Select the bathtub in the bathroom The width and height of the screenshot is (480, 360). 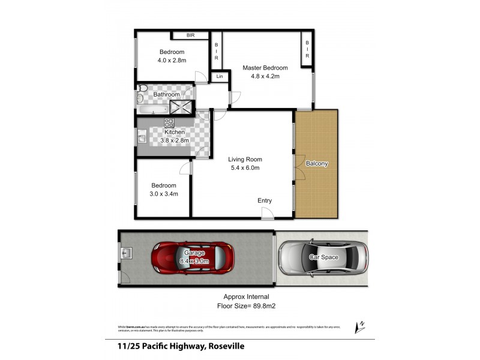(x=152, y=109)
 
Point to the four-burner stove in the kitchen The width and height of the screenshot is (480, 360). (x=169, y=124)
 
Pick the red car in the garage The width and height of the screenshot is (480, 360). (x=191, y=257)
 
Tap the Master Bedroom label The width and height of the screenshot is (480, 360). (x=265, y=68)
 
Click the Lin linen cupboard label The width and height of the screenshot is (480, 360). (x=220, y=77)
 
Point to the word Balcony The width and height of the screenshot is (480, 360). (x=316, y=163)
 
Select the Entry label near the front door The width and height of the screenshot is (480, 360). (x=264, y=200)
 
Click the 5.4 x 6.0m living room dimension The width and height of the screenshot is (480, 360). (x=245, y=168)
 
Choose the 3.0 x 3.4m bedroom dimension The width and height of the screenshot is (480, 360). (x=163, y=194)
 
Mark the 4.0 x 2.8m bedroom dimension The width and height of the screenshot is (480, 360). (x=172, y=61)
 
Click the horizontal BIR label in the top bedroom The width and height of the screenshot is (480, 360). (x=190, y=35)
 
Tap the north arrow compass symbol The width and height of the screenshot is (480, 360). (x=360, y=326)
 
